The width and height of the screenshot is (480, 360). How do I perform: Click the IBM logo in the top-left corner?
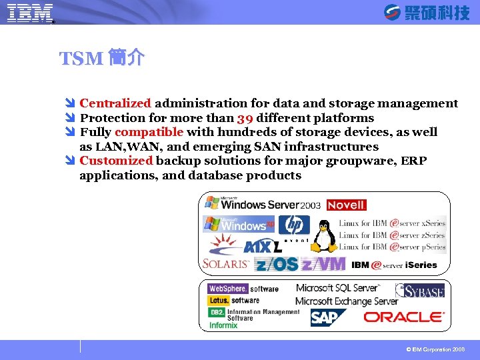(30, 13)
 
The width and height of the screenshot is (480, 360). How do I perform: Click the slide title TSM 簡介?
(101, 59)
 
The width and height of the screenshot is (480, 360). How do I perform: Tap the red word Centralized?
(115, 103)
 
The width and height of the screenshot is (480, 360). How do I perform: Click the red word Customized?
(116, 161)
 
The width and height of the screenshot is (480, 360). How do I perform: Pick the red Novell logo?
(346, 205)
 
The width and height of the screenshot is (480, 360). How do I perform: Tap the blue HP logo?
(294, 225)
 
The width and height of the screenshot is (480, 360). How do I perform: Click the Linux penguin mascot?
(325, 236)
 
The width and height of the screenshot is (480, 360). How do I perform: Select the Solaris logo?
(225, 264)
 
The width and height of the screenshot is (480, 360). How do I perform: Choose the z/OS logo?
(276, 264)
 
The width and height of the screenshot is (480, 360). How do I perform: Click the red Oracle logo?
(403, 316)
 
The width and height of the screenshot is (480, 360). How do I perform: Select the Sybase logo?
(420, 290)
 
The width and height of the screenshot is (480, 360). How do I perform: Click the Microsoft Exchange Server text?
(347, 301)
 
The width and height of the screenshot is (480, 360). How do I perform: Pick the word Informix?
(224, 326)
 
